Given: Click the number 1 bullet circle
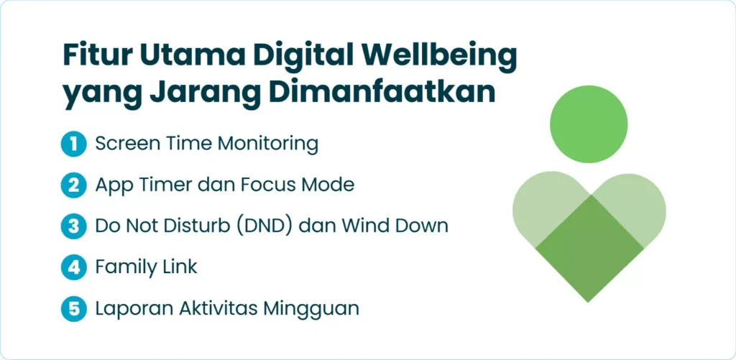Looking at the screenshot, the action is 74,144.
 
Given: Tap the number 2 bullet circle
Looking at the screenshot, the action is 74,185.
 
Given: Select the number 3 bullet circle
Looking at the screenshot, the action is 74,226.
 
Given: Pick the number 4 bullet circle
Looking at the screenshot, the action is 74,267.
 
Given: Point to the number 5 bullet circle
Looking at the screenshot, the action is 74,309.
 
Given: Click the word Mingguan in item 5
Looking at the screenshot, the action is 310,309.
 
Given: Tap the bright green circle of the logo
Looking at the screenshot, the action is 589,124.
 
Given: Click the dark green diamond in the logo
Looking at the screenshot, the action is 589,248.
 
